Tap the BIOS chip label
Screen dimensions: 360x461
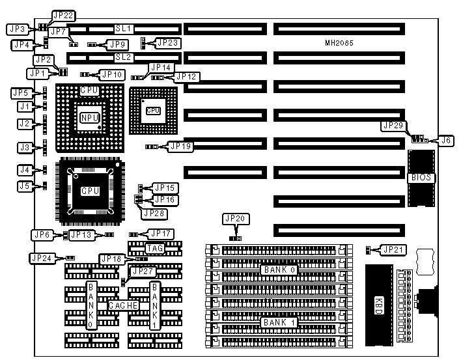[x=421, y=178]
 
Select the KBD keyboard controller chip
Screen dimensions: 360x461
[x=379, y=302]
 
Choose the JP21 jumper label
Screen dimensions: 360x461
[x=393, y=249]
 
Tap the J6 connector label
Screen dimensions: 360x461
[x=445, y=139]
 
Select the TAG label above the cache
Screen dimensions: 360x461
[x=154, y=248]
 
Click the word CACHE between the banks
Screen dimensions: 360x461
[x=121, y=305]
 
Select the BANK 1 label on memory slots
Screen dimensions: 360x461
[x=282, y=322]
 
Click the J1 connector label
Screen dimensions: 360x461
[x=25, y=106]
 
